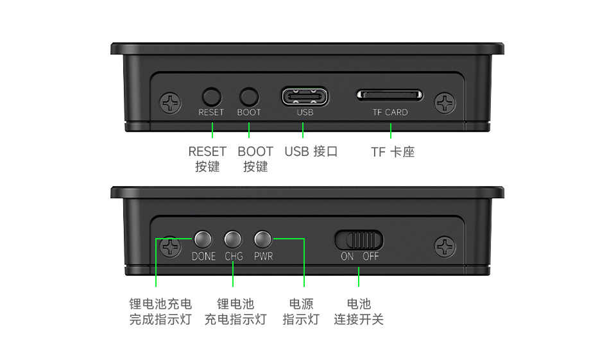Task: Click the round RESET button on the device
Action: (x=211, y=97)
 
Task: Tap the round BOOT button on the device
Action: (x=249, y=97)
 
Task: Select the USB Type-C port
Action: (x=305, y=97)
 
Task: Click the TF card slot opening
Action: (x=390, y=96)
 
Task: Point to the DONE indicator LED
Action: (x=203, y=239)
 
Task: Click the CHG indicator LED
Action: (x=233, y=239)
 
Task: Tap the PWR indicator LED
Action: (x=263, y=239)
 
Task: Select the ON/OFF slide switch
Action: (x=359, y=240)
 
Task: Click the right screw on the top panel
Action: (x=445, y=102)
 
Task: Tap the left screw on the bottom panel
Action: (x=170, y=246)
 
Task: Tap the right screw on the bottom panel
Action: (x=445, y=246)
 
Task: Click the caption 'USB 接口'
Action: (x=311, y=151)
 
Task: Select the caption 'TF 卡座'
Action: (x=393, y=152)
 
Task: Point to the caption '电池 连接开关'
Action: (x=359, y=311)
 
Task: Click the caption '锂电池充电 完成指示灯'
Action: (x=160, y=311)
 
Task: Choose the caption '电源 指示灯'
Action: (x=301, y=311)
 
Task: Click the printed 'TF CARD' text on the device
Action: (x=390, y=112)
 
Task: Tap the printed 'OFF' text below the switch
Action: (x=371, y=256)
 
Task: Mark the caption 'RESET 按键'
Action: (x=207, y=159)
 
